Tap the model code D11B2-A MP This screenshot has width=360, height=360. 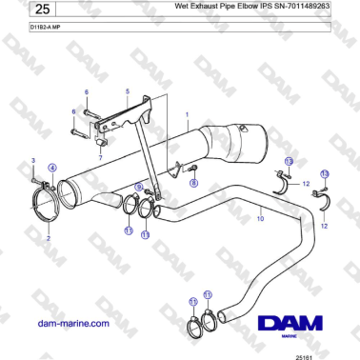click(x=21, y=28)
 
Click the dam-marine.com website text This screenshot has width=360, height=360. click(x=72, y=323)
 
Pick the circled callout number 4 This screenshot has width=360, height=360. click(x=52, y=168)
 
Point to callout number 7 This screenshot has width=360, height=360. click(x=101, y=153)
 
